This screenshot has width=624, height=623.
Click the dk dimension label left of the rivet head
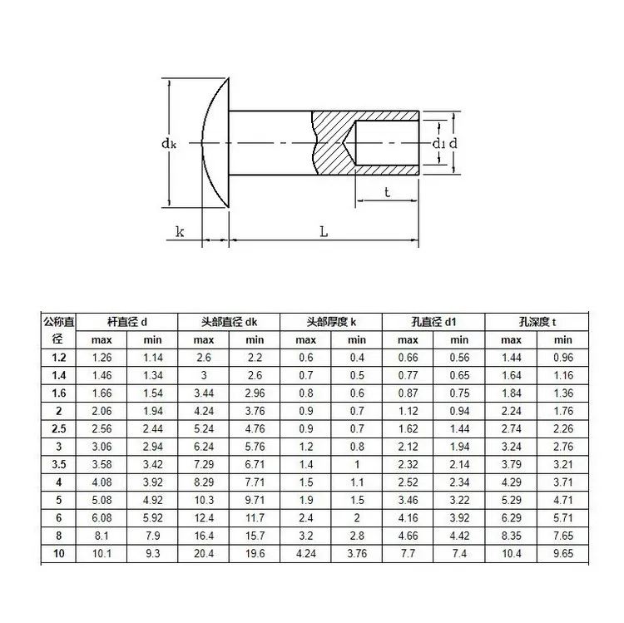[169, 144]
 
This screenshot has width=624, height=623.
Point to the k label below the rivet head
[180, 232]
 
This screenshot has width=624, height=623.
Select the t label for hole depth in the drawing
[387, 192]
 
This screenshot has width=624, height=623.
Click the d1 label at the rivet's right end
[439, 144]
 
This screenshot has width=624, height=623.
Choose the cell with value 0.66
[408, 357]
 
